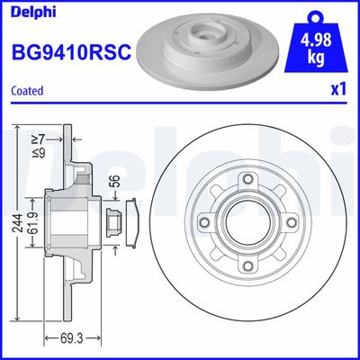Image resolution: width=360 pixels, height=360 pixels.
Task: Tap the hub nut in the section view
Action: pyautogui.click(x=115, y=221)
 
